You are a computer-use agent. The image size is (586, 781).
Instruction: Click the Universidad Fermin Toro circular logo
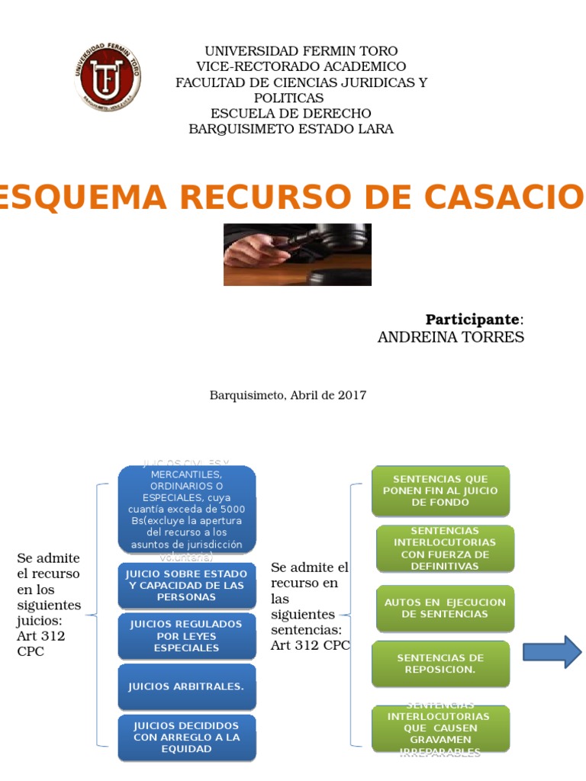108,78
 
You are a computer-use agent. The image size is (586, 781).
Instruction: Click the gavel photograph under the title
297,254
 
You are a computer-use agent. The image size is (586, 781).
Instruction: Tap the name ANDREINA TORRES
450,337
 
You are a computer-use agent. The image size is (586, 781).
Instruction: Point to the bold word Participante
473,319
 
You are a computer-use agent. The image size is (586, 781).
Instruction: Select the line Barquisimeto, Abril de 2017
288,395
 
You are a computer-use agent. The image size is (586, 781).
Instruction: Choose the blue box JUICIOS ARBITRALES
187,686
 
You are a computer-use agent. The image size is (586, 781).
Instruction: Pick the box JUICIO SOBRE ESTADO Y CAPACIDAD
187,585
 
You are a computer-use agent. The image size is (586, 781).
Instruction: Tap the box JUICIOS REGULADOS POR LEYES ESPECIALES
187,636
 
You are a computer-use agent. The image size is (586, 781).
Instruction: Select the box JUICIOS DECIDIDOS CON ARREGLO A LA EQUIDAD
187,737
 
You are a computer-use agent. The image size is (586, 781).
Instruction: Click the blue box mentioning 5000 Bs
187,509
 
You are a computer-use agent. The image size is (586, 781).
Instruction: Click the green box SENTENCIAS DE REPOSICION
440,664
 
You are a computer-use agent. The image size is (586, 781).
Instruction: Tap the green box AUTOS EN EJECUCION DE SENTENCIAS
445,608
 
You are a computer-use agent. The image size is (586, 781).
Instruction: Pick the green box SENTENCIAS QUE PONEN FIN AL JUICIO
440,490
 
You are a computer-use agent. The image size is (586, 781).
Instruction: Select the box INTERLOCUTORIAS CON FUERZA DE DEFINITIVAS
445,548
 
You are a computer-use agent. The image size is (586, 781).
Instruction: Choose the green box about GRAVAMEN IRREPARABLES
440,728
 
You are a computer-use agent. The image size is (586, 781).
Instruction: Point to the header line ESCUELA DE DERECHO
291,114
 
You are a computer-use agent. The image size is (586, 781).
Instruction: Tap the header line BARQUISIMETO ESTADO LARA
291,129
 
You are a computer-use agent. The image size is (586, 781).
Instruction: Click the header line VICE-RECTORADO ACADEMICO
301,66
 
